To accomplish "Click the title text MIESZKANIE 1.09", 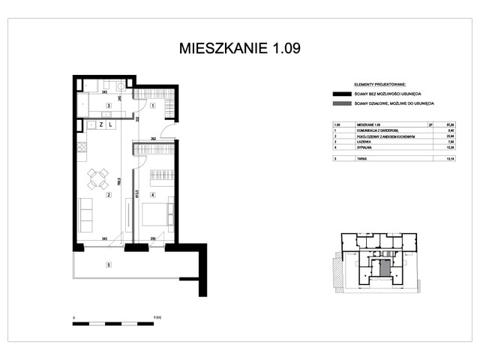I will [x=239, y=49].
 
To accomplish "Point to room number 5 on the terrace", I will [x=109, y=264].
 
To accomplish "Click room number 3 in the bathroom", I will [x=109, y=106].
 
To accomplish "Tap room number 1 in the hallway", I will [x=152, y=106].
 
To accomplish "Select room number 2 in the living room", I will [x=109, y=196].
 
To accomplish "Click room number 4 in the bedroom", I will [x=152, y=196].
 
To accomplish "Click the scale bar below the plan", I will [x=112, y=323].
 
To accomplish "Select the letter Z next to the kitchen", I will [x=100, y=125].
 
